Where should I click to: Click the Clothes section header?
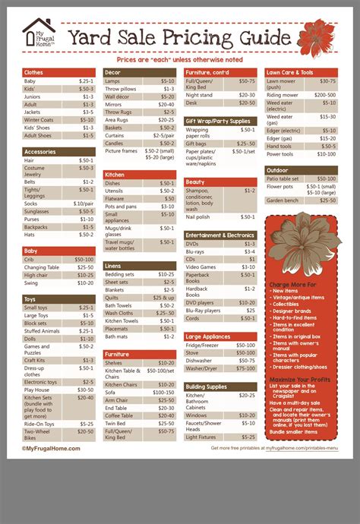[x=34, y=72]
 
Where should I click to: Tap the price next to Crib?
[x=84, y=259]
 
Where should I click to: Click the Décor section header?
[x=113, y=72]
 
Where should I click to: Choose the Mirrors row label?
[x=113, y=105]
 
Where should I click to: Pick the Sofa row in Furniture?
[x=111, y=392]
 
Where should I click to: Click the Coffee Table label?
[x=118, y=415]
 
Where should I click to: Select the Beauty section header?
[x=195, y=182]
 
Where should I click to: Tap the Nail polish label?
[x=200, y=216]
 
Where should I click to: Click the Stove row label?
[x=193, y=352]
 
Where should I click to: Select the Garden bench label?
[x=283, y=200]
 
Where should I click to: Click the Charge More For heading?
[x=292, y=284]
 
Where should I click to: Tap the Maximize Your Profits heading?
[x=300, y=378]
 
